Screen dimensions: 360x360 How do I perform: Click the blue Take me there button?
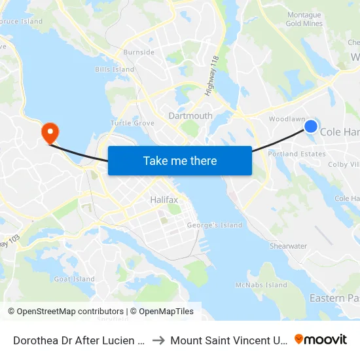pos(180,160)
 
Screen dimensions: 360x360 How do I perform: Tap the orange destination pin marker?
pos(50,134)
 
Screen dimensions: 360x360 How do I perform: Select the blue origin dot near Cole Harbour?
pos(311,126)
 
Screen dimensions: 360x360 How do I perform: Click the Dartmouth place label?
pos(190,116)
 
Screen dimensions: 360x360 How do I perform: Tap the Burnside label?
pos(139,52)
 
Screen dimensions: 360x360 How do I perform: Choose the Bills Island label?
pos(115,69)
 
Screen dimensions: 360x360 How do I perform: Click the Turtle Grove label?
pos(132,123)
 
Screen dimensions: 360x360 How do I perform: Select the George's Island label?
pos(215,225)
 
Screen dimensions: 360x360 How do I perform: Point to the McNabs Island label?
pos(261,285)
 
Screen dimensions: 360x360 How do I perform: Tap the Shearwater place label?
pos(288,246)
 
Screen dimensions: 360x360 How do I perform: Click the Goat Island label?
pos(75,279)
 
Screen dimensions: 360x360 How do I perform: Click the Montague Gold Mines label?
pos(304,19)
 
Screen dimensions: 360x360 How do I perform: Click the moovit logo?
pos(321,339)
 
